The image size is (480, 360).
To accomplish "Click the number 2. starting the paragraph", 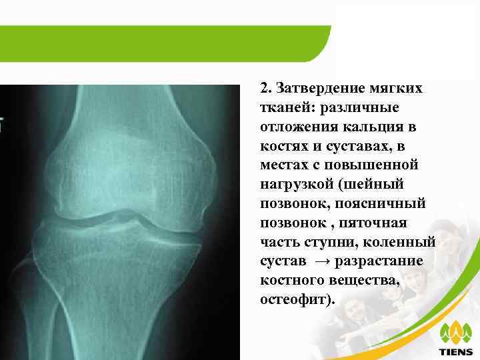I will tap(265, 89).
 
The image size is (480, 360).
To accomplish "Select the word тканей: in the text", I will tap(282, 108).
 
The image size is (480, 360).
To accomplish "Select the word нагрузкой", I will tap(293, 183).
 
